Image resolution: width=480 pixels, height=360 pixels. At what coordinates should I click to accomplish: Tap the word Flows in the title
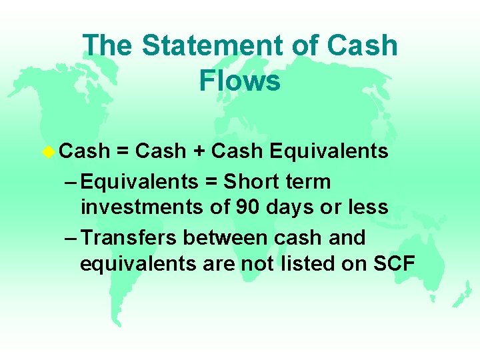click(239, 81)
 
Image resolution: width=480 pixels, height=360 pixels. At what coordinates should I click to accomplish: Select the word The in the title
click(108, 46)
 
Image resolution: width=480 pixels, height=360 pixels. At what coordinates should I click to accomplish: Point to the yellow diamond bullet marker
click(49, 151)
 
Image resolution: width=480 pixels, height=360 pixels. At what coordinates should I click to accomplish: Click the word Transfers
click(130, 237)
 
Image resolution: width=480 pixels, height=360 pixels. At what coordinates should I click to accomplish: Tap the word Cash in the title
click(364, 46)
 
